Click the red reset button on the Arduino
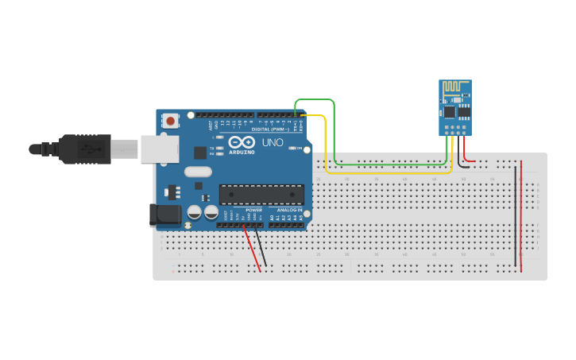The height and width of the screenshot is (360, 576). coord(169,121)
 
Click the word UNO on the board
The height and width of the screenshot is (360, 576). coord(273,142)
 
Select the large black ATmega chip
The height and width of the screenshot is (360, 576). coord(261,195)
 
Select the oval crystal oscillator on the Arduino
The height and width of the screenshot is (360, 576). coord(199,172)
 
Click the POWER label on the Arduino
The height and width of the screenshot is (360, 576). coord(253,210)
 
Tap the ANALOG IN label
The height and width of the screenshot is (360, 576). coord(290,210)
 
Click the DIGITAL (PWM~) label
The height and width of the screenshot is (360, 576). coord(271,129)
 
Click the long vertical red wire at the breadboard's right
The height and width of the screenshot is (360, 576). coord(521,215)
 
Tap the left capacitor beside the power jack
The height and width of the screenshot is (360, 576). coord(194,212)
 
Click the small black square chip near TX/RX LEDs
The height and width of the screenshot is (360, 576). coord(200,153)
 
